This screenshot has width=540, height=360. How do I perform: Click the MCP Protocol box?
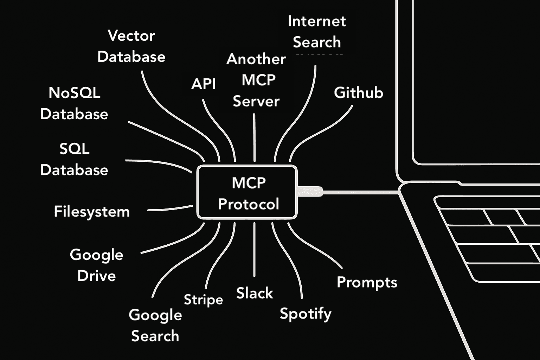point(247,193)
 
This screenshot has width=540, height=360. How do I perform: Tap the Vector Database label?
point(131,46)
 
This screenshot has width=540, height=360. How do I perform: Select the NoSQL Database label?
point(74,103)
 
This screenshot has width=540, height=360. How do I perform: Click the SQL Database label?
point(74,159)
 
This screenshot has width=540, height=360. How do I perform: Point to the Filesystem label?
point(92,212)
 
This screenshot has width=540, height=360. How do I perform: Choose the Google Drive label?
point(96,265)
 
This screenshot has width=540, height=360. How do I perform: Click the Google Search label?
point(155,325)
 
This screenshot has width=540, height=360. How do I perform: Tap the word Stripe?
point(203,300)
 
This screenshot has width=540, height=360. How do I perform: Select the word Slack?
point(255,293)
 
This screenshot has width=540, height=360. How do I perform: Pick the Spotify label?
point(306,313)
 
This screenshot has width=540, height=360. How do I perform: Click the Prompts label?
point(367,282)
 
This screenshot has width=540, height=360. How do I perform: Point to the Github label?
point(358,93)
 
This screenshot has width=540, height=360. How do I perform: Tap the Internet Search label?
point(317,32)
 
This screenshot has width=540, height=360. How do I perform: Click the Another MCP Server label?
point(256,80)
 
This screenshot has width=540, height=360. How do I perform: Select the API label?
point(203,84)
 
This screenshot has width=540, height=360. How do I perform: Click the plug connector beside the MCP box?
point(310,192)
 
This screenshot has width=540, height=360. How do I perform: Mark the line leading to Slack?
point(254,250)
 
